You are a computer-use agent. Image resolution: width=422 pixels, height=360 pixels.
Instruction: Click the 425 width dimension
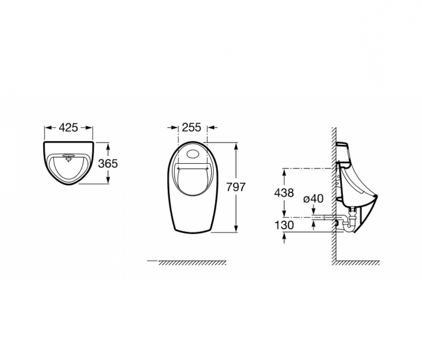(68, 127)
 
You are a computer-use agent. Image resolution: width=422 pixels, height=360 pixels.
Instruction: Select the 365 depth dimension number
(108, 163)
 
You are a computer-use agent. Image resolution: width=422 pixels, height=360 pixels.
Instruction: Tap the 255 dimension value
(192, 127)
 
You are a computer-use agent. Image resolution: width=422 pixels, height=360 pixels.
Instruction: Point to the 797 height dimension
(236, 187)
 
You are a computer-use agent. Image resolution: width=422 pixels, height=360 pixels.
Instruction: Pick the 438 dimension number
(284, 193)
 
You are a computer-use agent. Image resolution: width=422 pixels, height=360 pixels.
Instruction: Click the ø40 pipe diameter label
(313, 199)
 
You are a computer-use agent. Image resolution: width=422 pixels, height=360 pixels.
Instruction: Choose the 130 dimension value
(284, 225)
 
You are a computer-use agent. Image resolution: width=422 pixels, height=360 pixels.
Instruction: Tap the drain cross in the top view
(69, 160)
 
